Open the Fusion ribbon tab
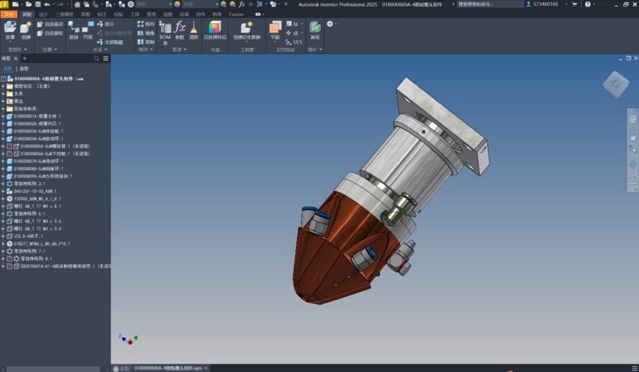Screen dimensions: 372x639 [236, 14]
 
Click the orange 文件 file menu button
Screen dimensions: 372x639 [8, 14]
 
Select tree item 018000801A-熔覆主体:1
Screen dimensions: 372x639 [37, 116]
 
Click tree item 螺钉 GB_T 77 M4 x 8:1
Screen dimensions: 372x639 [37, 206]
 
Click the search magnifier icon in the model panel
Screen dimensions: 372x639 [97, 59]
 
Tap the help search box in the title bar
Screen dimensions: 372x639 [490, 4]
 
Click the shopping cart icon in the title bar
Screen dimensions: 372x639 [574, 4]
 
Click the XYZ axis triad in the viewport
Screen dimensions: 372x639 [129, 339]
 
